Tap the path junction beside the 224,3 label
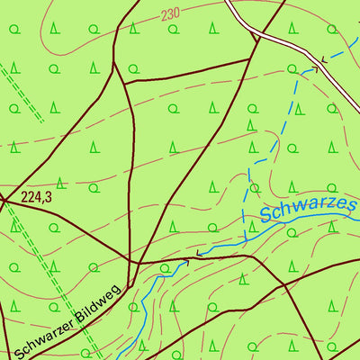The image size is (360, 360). (x=4, y=199)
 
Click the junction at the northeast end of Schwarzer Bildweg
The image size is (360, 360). (x=135, y=263)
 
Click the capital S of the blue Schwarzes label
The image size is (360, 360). (x=266, y=217)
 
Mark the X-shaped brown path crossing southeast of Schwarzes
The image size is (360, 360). (x=284, y=284)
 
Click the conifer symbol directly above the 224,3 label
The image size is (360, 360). (x=59, y=182)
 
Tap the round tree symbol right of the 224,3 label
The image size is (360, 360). (x=94, y=188)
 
